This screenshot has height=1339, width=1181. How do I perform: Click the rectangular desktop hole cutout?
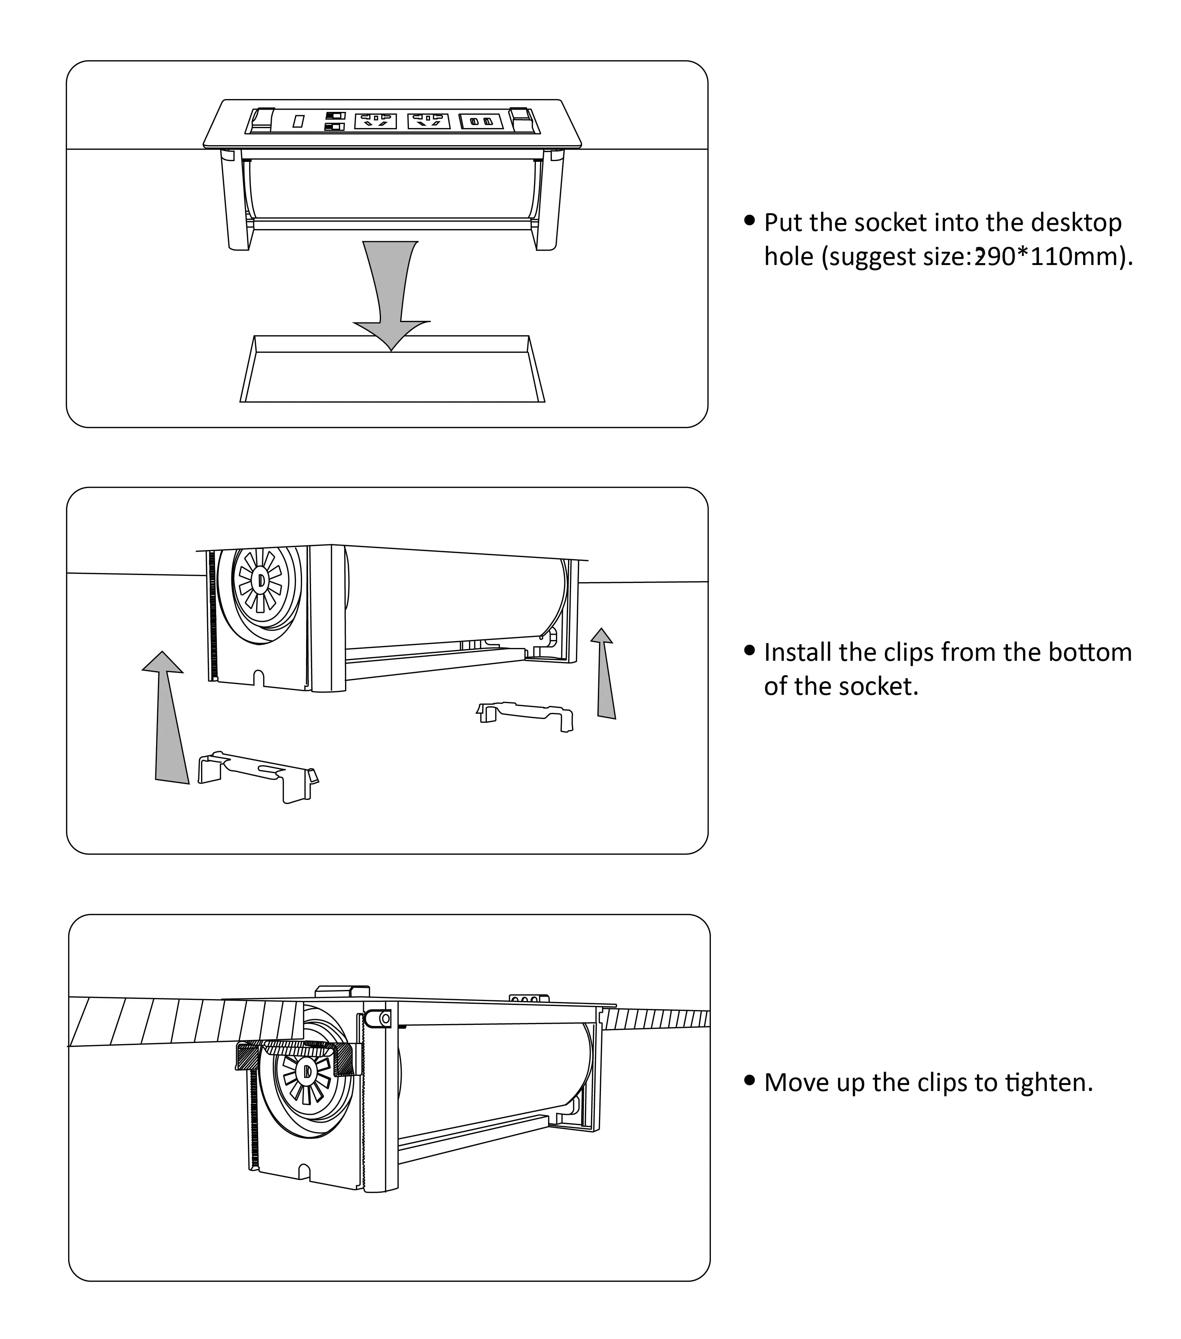pyautogui.click(x=392, y=377)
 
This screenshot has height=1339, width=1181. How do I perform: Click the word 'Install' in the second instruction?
pyautogui.click(x=797, y=652)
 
